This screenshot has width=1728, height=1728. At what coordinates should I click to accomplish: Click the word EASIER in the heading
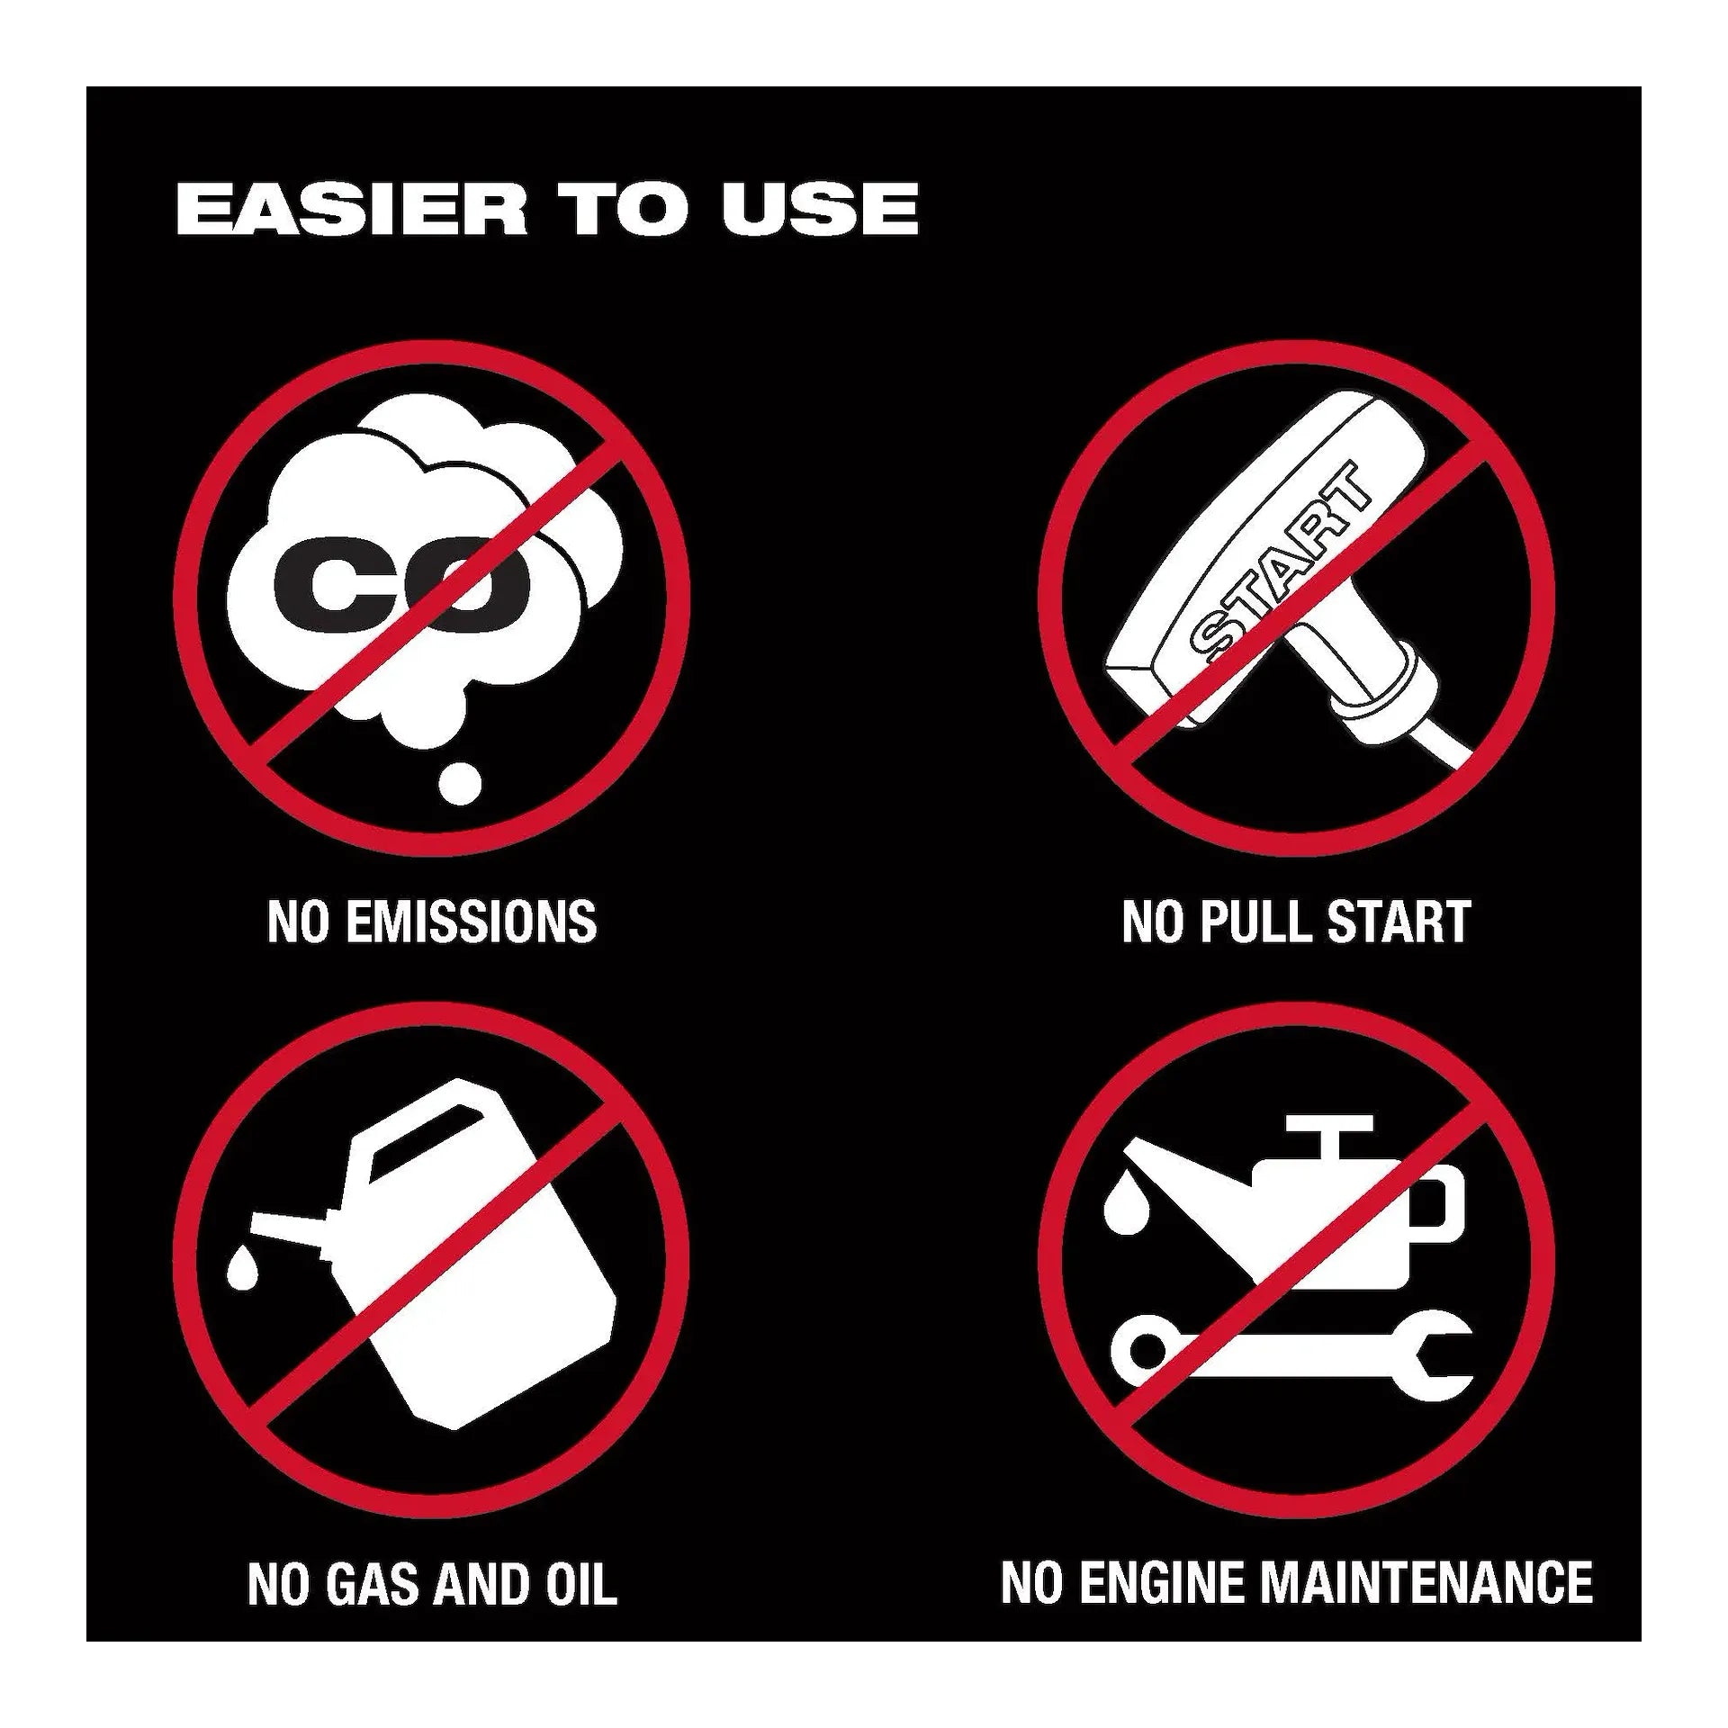tap(352, 209)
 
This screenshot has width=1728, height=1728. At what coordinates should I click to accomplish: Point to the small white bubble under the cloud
tap(459, 783)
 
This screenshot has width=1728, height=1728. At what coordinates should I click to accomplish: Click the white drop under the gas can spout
tap(242, 1269)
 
